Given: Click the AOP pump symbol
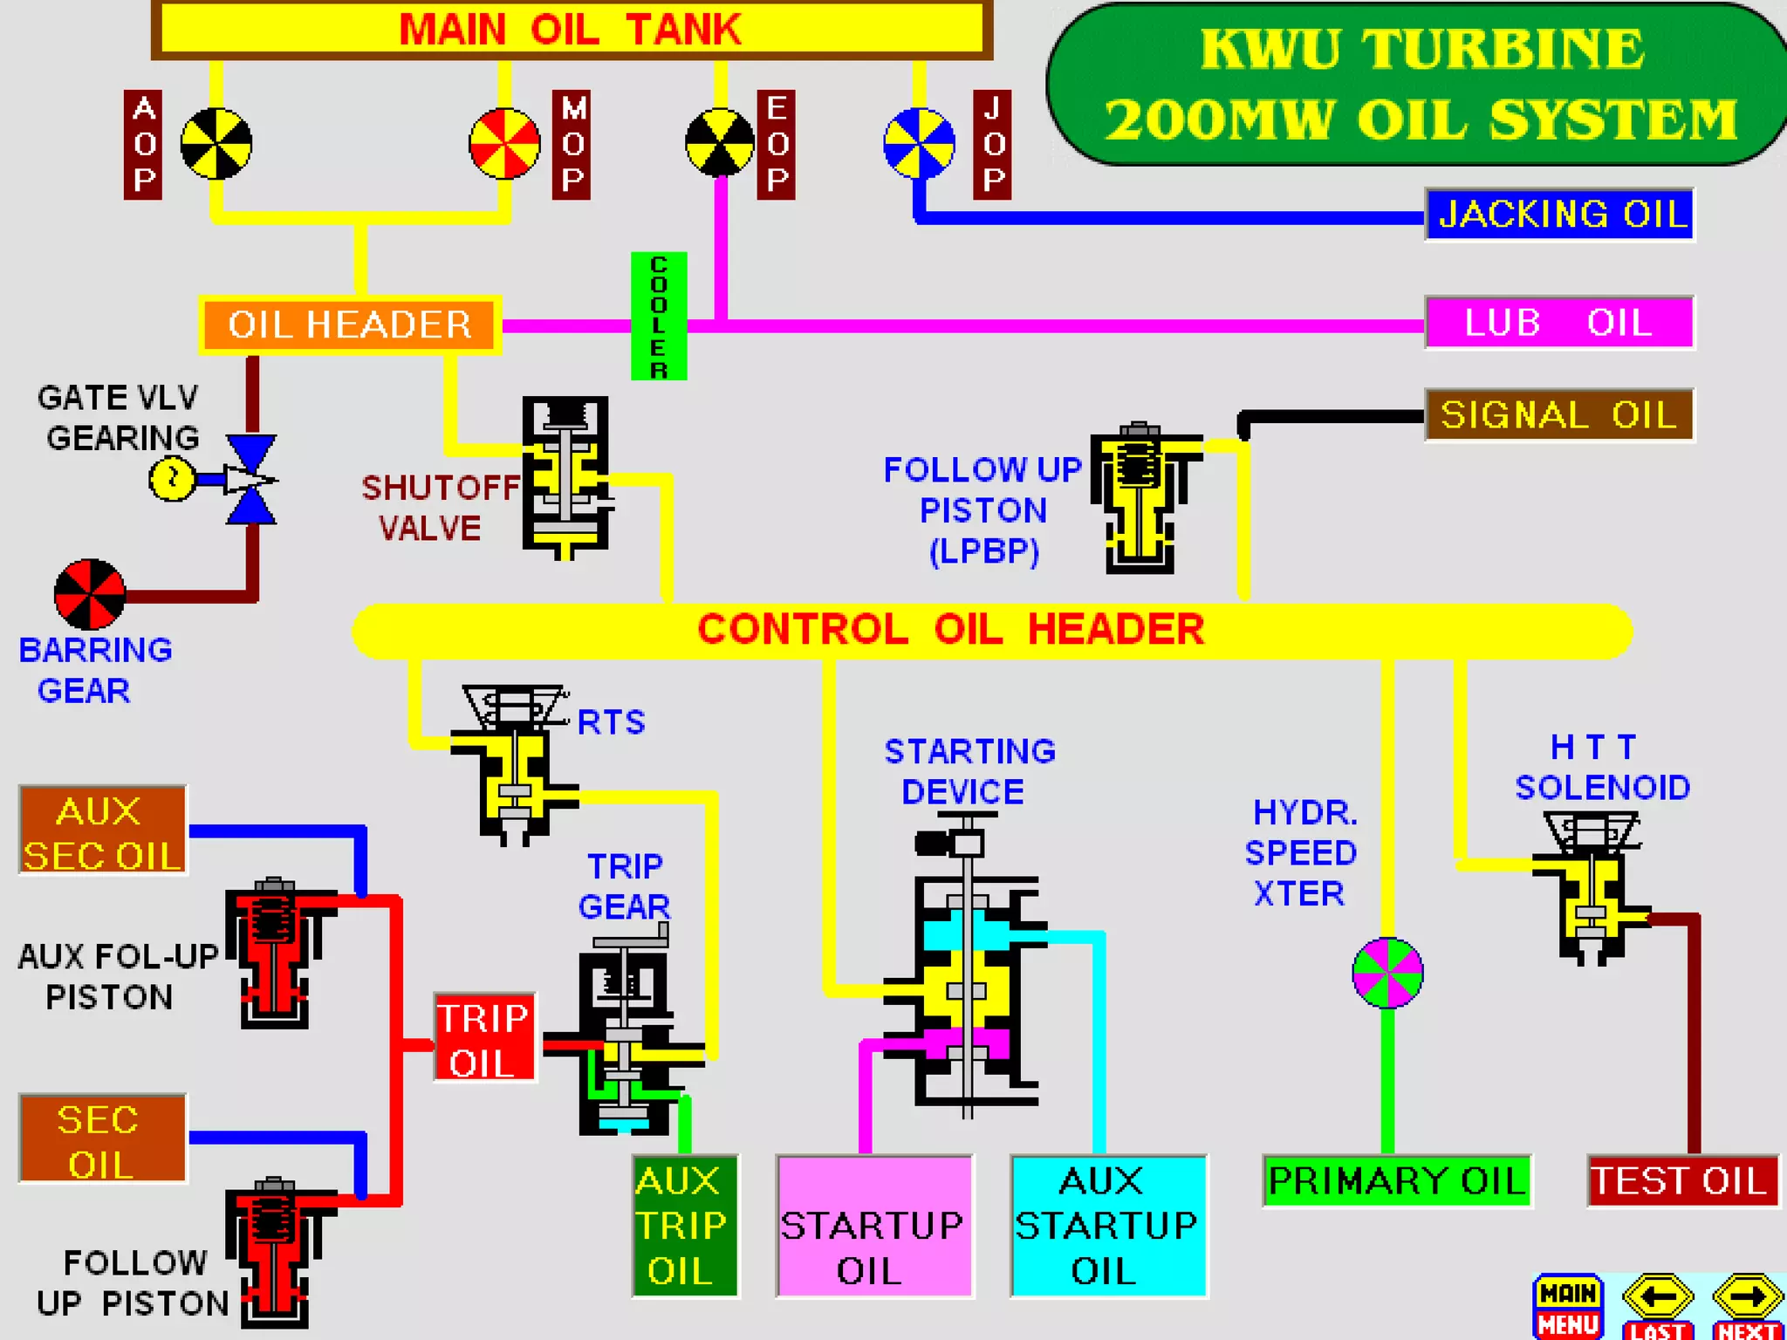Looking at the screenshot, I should pyautogui.click(x=216, y=144).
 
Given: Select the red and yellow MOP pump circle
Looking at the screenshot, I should pyautogui.click(x=504, y=144).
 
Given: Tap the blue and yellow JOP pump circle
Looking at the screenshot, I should pyautogui.click(x=919, y=144).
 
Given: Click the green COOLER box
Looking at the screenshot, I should pyautogui.click(x=659, y=316).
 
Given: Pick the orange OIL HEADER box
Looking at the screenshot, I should pyautogui.click(x=350, y=325).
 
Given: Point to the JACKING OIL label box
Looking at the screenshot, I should pyautogui.click(x=1559, y=215).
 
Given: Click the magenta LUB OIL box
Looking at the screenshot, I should pyautogui.click(x=1559, y=323).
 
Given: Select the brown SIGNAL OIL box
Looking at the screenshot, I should pyautogui.click(x=1559, y=415).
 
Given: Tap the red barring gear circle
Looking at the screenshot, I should pyautogui.click(x=90, y=594).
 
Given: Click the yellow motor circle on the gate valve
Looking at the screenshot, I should pyautogui.click(x=172, y=478).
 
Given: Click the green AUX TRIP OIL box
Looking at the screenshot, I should pyautogui.click(x=685, y=1226).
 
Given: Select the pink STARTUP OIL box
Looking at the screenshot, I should pyautogui.click(x=873, y=1226).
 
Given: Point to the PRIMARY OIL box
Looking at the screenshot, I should pyautogui.click(x=1396, y=1181).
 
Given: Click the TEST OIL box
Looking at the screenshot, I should pyautogui.click(x=1681, y=1181).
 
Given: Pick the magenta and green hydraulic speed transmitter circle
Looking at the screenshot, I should pyautogui.click(x=1387, y=973).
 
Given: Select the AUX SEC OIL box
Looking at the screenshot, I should pyautogui.click(x=103, y=831).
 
